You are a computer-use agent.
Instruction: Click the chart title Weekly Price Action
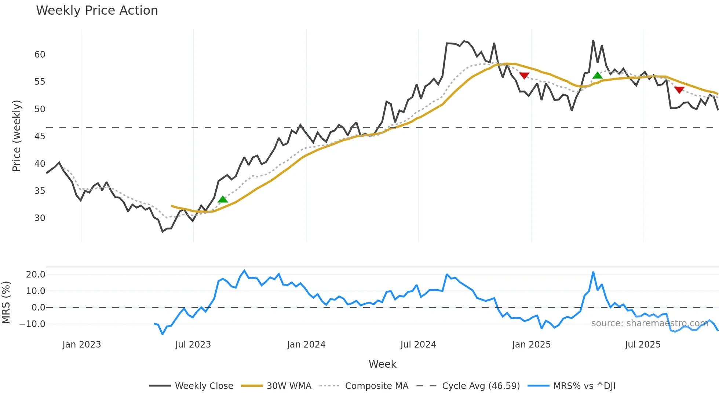(97, 11)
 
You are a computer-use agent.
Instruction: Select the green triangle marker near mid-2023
(223, 199)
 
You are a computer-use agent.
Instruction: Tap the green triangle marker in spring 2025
(597, 76)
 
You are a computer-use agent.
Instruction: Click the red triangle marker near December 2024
(524, 76)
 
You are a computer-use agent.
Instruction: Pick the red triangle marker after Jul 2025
(679, 90)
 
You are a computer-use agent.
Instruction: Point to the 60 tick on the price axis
(40, 55)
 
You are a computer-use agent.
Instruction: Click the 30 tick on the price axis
(40, 218)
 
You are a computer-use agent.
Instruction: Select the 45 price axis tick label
(40, 136)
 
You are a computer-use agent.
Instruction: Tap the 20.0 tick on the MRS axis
(36, 275)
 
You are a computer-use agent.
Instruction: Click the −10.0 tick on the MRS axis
(32, 324)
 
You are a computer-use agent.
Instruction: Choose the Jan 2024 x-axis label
(306, 345)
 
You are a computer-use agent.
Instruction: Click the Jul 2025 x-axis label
(643, 345)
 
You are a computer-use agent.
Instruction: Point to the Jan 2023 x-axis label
(81, 345)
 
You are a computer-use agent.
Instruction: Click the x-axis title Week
(382, 364)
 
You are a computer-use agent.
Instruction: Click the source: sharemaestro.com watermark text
(649, 323)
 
